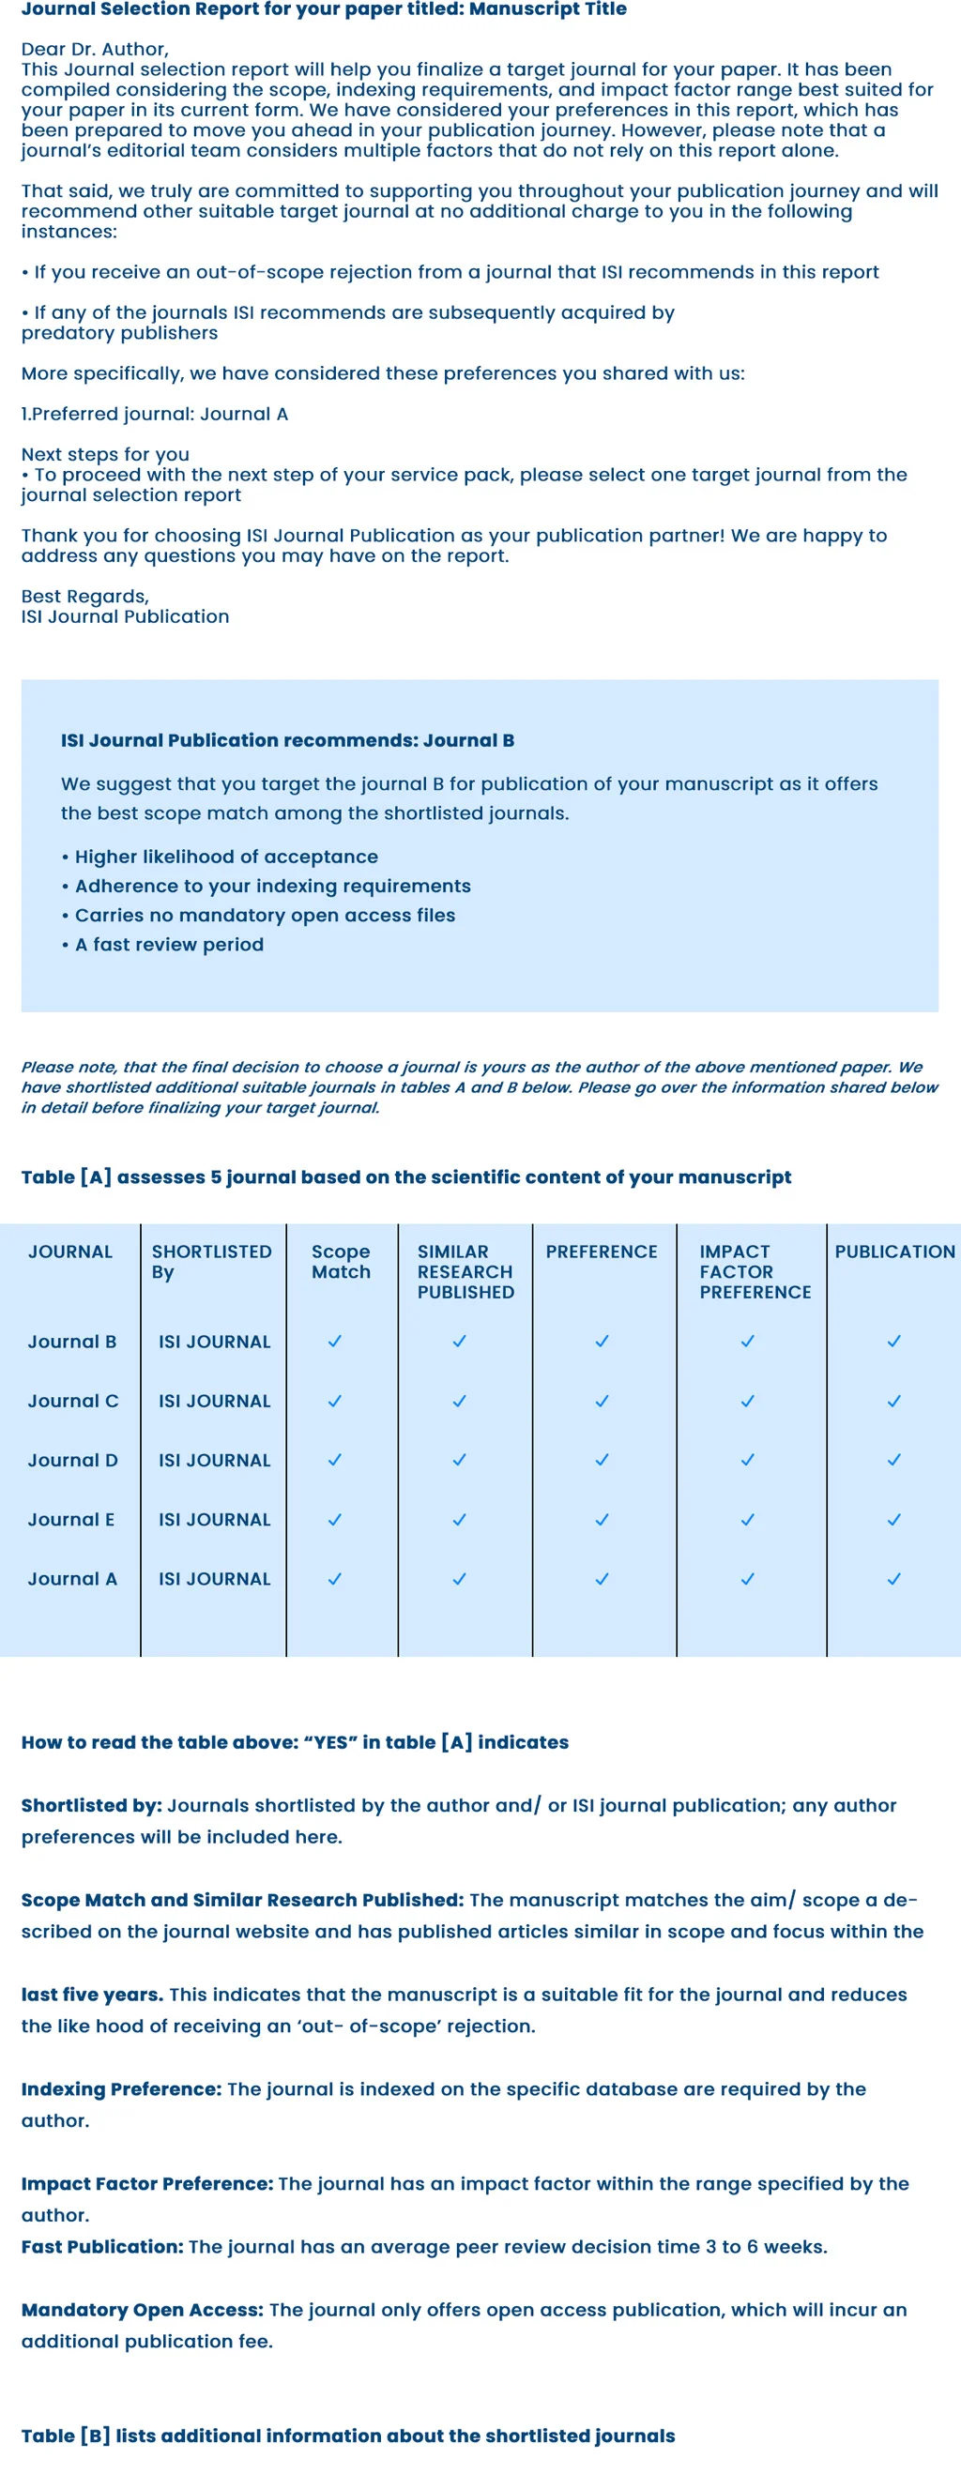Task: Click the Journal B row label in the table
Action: [x=71, y=1341]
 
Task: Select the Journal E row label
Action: [x=70, y=1519]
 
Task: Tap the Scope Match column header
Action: [x=341, y=1261]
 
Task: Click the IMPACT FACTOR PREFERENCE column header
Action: [x=755, y=1270]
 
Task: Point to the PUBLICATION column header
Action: [x=894, y=1252]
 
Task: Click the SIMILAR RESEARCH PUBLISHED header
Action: [x=465, y=1270]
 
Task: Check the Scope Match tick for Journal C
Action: [x=334, y=1400]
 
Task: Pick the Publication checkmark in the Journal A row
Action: [x=893, y=1578]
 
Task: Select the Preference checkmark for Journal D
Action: [x=602, y=1459]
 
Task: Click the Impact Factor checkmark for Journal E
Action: [x=746, y=1519]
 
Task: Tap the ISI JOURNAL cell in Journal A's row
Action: [x=214, y=1578]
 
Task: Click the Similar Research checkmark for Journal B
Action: [x=459, y=1341]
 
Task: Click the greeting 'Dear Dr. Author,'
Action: [x=95, y=48]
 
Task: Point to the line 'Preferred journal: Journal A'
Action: [x=155, y=414]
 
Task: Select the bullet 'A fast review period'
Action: [x=168, y=944]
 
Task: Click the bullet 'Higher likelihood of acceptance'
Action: [x=225, y=856]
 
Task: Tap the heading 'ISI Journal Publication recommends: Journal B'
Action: [x=287, y=740]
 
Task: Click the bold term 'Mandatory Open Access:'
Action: [x=142, y=2309]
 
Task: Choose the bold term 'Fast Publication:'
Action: [x=101, y=2246]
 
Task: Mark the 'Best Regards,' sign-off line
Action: [x=85, y=596]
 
